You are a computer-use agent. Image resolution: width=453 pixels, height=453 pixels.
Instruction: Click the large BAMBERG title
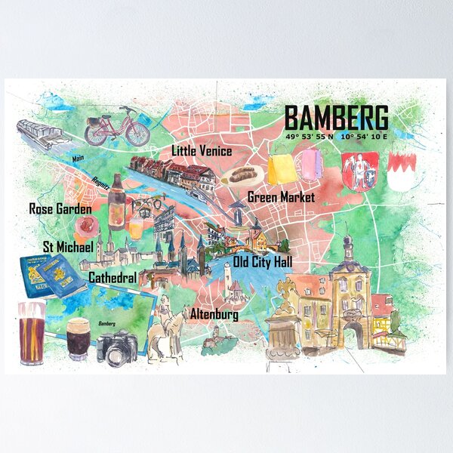point(337,119)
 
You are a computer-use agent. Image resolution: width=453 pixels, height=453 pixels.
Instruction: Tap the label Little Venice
point(202,151)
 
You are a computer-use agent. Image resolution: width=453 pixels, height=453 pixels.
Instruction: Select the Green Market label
point(281,198)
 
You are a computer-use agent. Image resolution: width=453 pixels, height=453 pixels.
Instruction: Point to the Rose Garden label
point(60,208)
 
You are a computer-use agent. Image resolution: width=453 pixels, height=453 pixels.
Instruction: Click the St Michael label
point(68,247)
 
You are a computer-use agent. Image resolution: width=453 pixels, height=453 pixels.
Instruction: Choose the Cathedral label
point(112,278)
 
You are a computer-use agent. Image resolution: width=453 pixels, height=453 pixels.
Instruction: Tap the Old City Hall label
point(263,263)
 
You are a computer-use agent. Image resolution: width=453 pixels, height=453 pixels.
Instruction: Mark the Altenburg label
point(214,313)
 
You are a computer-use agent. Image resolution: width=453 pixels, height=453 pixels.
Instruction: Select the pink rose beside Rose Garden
point(84,226)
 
